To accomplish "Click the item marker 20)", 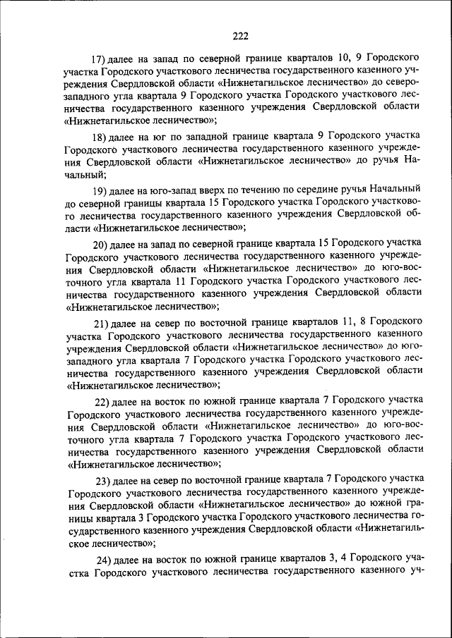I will tap(100, 245).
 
